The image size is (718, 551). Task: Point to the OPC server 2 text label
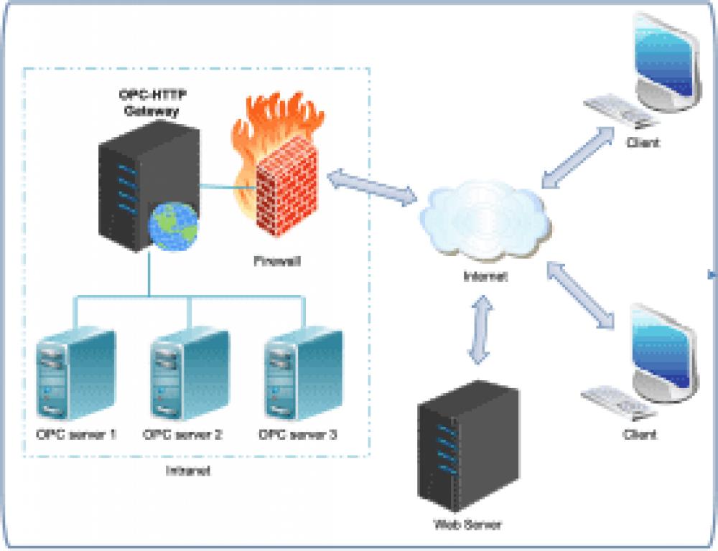click(183, 434)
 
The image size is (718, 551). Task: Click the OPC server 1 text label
click(76, 434)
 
